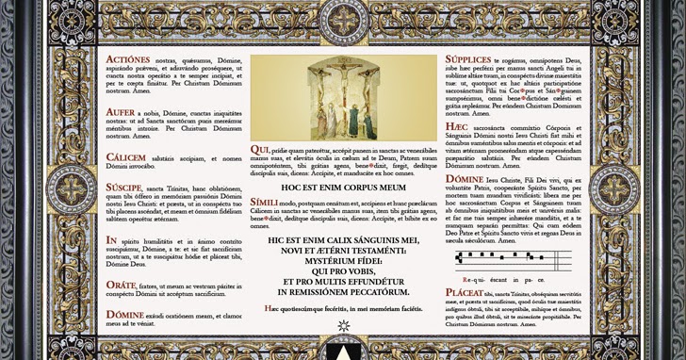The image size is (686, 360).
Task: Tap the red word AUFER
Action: point(121,111)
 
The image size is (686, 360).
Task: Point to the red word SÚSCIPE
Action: point(124,188)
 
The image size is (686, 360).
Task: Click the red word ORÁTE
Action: point(122,284)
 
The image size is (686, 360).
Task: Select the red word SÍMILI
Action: point(266,203)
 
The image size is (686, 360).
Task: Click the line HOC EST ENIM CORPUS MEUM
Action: point(343,188)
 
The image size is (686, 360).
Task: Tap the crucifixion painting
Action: point(343,98)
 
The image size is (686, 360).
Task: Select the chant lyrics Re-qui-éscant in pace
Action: point(496,279)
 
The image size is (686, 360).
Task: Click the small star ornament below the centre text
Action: point(343,326)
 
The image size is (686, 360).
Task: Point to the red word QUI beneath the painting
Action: point(260,149)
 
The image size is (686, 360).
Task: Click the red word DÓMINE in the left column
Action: point(125,315)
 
